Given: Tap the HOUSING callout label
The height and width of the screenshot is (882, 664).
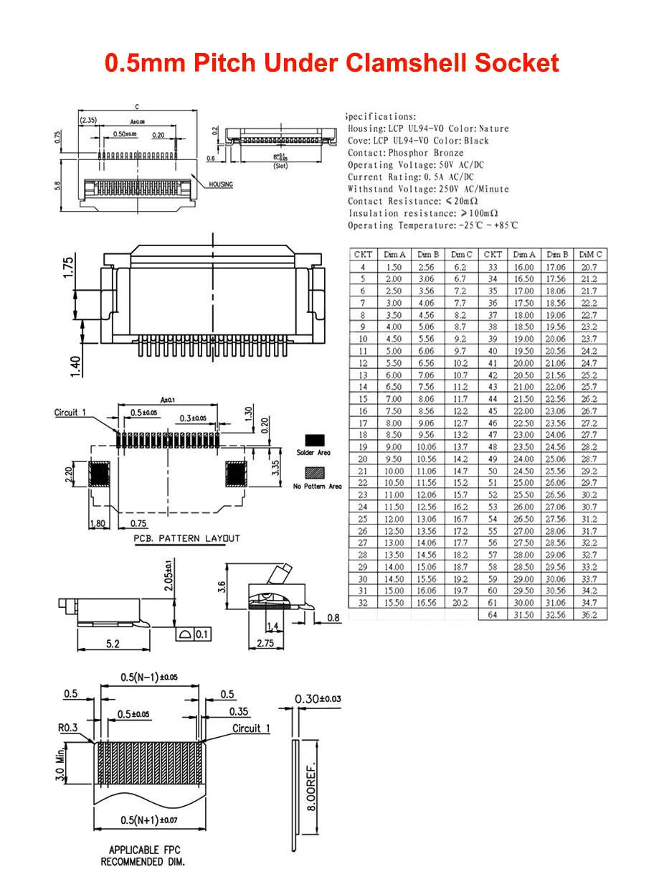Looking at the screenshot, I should pos(221,184).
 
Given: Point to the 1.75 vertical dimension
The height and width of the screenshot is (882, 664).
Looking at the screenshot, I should pos(68,268).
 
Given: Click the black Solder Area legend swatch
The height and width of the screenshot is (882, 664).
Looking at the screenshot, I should pos(315,440).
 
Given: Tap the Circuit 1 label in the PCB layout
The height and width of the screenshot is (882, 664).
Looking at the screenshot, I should pos(70,413).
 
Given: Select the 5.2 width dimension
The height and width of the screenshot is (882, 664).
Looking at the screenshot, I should pos(113,644).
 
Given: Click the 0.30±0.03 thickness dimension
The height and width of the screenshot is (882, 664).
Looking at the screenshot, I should pos(318,699).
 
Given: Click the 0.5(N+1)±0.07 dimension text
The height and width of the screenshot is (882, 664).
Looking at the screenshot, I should pos(148,820).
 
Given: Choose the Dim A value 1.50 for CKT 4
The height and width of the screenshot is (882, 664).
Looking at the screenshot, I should pos(394,267).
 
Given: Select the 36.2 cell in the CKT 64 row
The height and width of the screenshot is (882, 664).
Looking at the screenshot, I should pos(589,615).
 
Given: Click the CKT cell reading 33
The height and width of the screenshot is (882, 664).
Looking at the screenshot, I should pos(492,267).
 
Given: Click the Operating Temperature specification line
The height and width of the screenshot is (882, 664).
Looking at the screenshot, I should pos(432,225).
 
